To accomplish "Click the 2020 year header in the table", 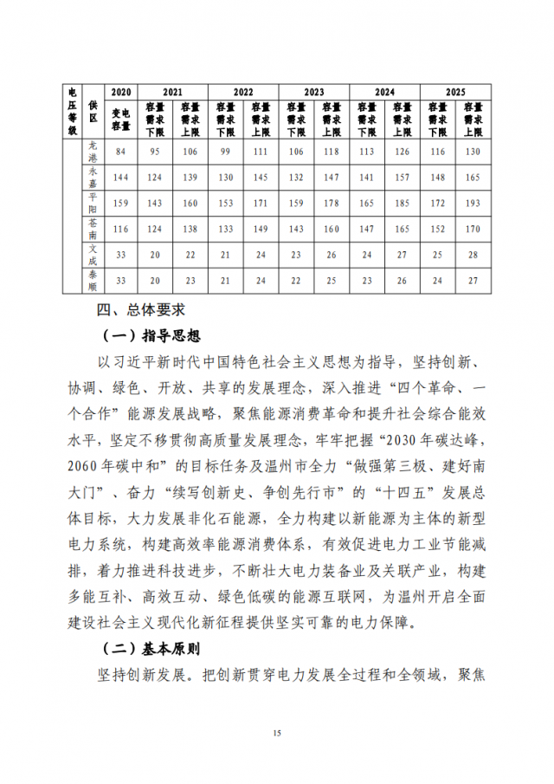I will (x=121, y=91).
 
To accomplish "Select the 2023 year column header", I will (x=313, y=91).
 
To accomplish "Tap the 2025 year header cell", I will (x=455, y=91).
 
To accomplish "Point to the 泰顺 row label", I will (x=93, y=279).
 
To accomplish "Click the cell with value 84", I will (x=121, y=152).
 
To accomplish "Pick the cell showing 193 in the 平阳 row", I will (x=473, y=203).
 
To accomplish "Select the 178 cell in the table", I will (x=331, y=203).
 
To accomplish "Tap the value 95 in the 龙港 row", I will (x=155, y=152).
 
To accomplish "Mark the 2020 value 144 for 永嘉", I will (x=121, y=178).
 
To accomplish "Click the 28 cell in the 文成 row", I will (x=473, y=254).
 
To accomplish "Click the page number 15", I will (x=277, y=734).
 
